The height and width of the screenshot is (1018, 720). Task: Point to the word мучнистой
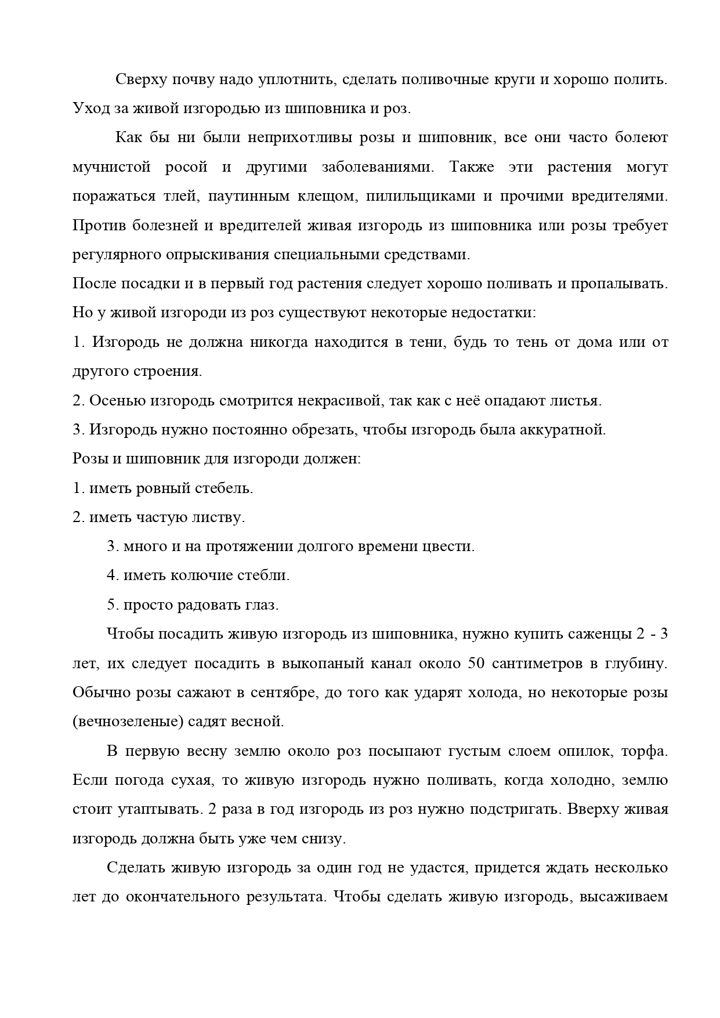click(x=111, y=167)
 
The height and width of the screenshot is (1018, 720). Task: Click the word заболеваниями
click(x=377, y=167)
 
